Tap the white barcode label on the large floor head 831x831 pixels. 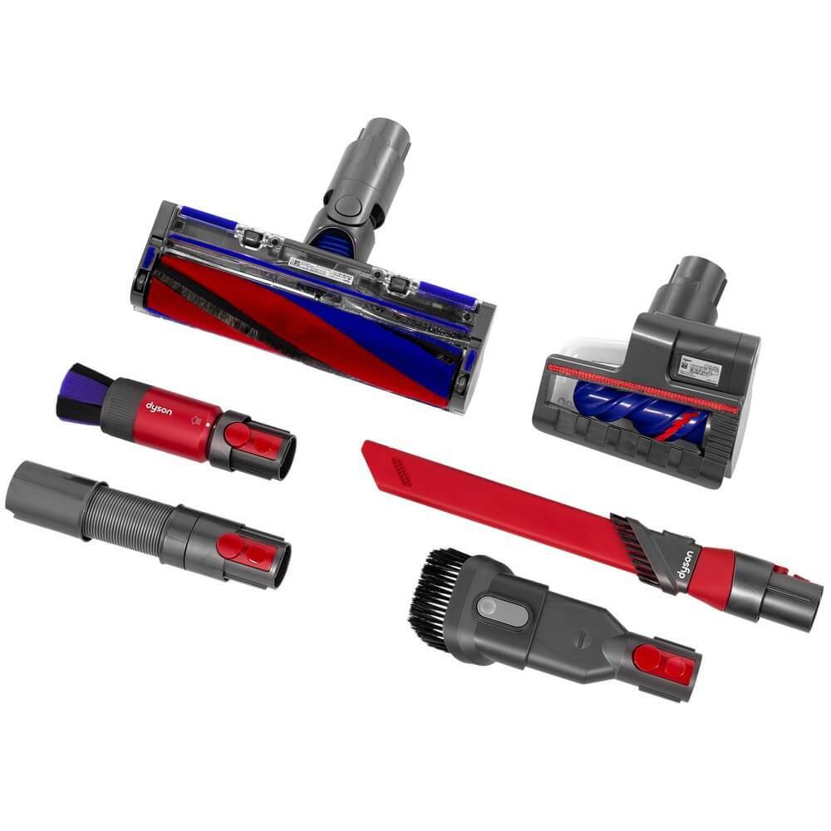321,265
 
